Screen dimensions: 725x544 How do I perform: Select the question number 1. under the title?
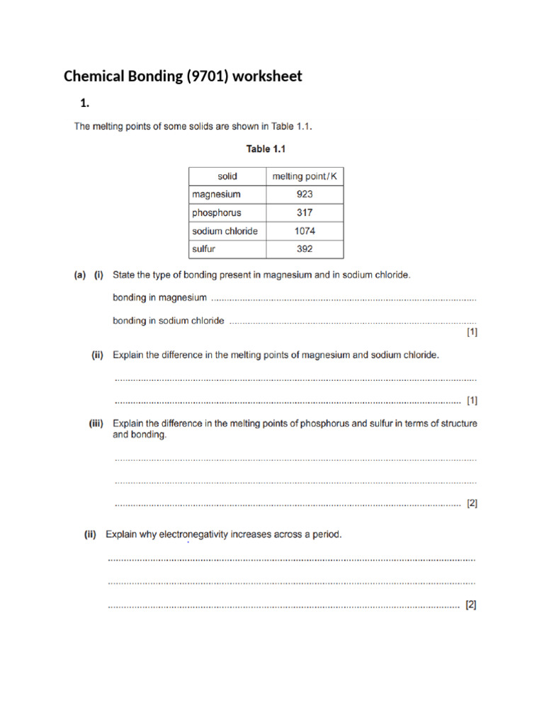(x=85, y=103)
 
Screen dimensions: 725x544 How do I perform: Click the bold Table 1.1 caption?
(x=266, y=149)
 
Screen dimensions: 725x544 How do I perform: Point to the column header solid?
(x=227, y=176)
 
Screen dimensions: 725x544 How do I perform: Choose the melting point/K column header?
(x=305, y=176)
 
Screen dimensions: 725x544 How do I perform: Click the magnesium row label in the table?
(x=216, y=194)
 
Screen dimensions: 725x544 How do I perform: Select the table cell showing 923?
(x=305, y=194)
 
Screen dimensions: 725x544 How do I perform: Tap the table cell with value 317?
(x=305, y=212)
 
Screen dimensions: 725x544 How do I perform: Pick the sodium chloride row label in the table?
(x=225, y=231)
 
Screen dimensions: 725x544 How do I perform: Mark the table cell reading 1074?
(x=305, y=231)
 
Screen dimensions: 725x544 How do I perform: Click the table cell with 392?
(x=305, y=249)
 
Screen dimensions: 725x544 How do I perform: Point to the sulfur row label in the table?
(x=204, y=249)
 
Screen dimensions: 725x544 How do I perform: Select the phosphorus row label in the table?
(x=217, y=212)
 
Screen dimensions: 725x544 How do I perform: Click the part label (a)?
(x=80, y=275)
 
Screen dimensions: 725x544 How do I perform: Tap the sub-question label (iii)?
(x=96, y=424)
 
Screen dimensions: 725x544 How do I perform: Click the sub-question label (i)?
(x=100, y=275)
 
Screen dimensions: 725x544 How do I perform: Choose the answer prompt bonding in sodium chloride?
(x=169, y=321)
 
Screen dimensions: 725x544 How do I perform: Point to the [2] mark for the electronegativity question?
(x=471, y=605)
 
